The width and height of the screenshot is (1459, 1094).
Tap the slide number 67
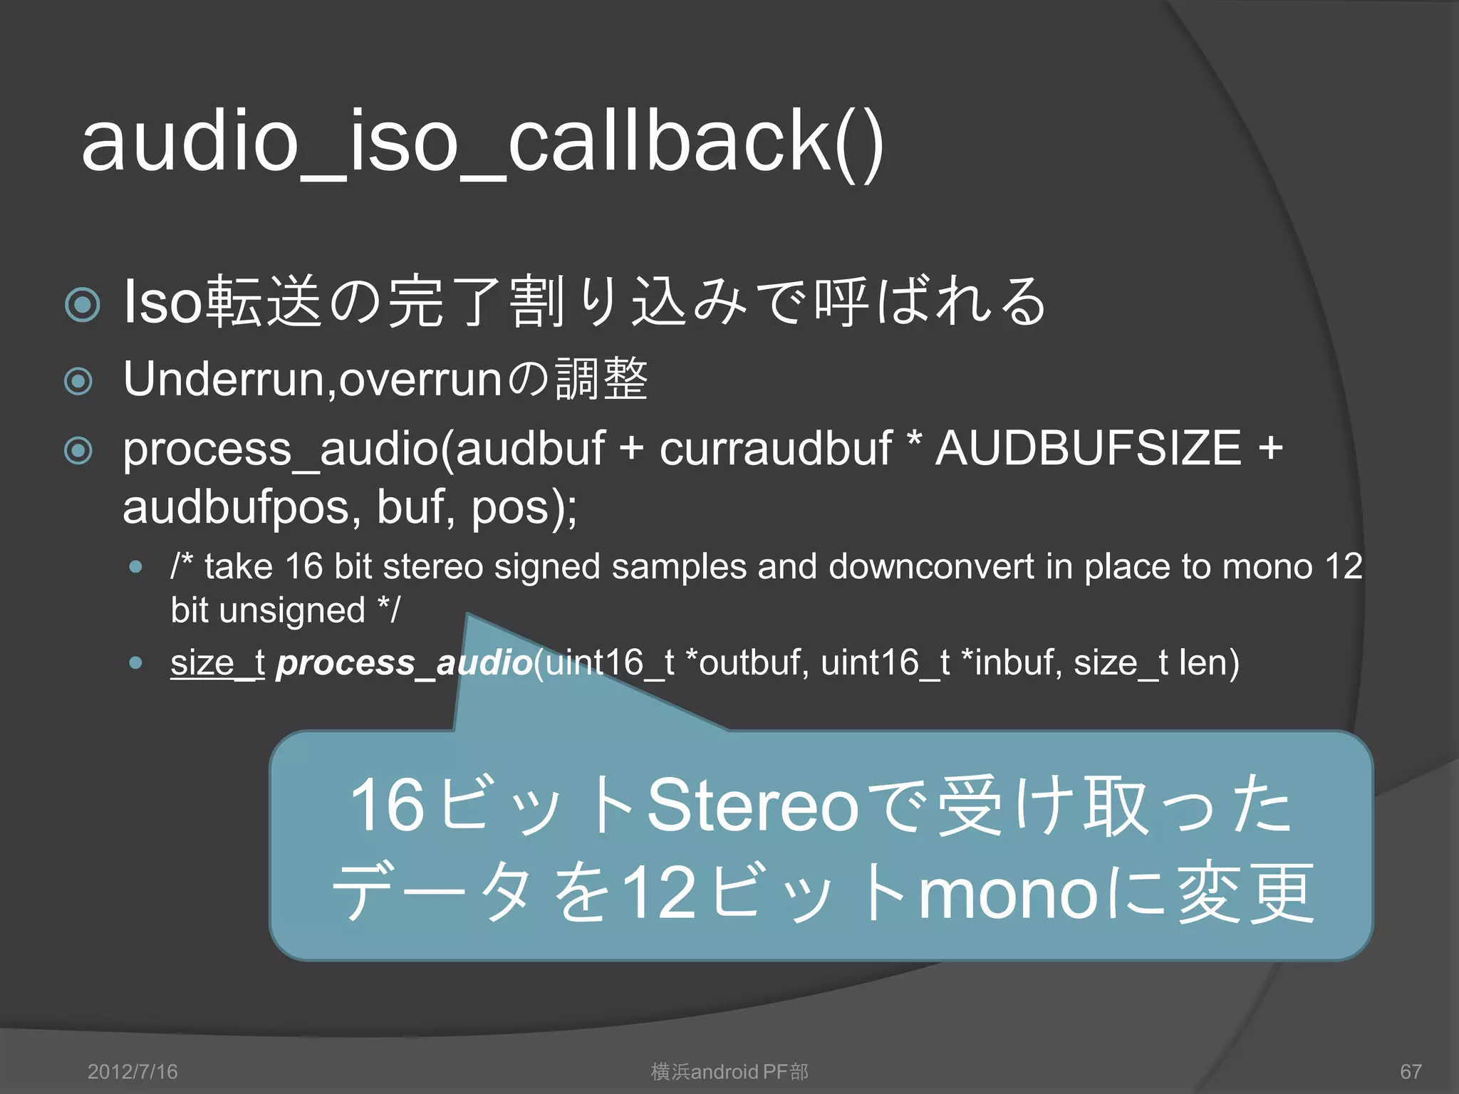1411,1071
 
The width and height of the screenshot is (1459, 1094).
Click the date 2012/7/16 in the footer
133,1071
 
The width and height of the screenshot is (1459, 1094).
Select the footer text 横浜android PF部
729,1071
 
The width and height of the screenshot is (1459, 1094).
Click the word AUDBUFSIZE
1088,449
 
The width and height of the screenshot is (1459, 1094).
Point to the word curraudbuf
775,449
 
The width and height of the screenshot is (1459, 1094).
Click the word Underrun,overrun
313,380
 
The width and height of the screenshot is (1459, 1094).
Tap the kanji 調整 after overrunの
602,380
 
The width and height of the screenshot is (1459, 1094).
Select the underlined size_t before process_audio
217,662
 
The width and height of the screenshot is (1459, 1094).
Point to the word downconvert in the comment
930,567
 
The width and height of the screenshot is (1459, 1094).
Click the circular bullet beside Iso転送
82,305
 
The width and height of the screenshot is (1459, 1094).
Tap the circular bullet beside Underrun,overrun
78,381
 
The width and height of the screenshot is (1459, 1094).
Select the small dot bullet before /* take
136,568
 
